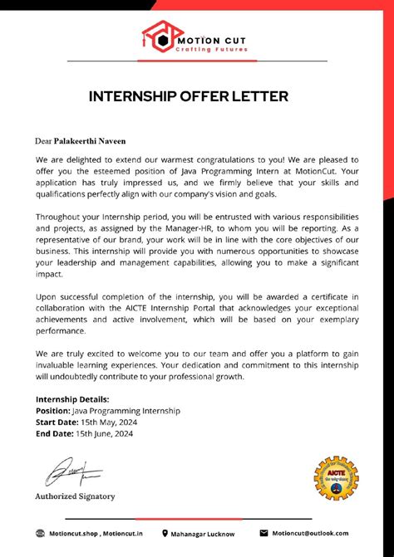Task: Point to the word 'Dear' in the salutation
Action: click(x=44, y=140)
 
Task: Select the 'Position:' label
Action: click(x=58, y=411)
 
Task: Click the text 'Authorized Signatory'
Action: click(x=75, y=496)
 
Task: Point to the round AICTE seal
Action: click(x=336, y=479)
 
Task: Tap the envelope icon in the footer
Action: click(x=263, y=533)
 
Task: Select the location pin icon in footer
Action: click(x=165, y=534)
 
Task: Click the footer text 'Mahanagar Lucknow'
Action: click(x=204, y=534)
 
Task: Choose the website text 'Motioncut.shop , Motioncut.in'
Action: click(x=91, y=534)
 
